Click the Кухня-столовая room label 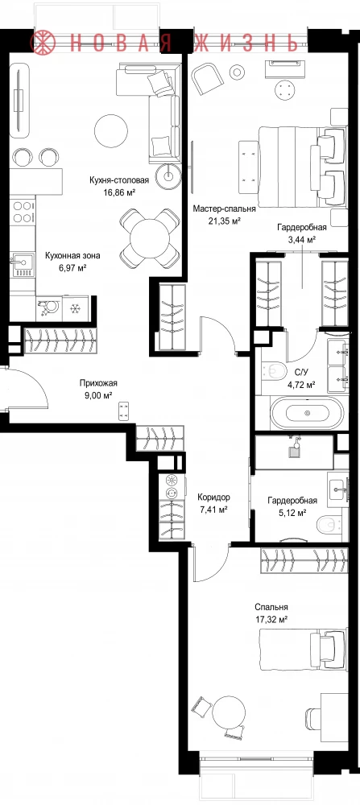[118, 180]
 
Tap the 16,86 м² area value [119, 192]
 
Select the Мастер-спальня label [224, 209]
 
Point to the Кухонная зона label [72, 255]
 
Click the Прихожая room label [98, 382]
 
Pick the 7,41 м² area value [213, 510]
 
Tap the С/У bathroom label [300, 372]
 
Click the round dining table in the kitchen [149, 237]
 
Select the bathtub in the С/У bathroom [307, 413]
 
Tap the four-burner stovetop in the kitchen [22, 212]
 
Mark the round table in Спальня [228, 712]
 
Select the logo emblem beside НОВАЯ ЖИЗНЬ [44, 42]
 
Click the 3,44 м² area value [301, 239]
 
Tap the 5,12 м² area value [292, 512]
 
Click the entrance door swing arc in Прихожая [39, 380]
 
